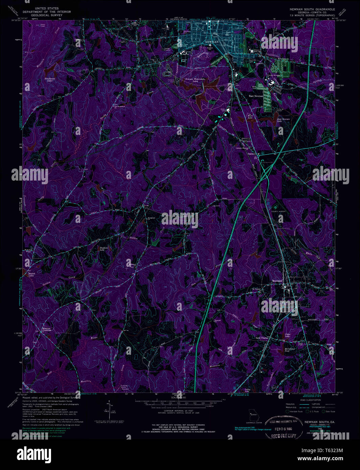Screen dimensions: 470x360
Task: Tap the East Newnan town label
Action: pyautogui.click(x=256, y=96)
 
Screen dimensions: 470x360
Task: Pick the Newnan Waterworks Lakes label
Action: pyautogui.click(x=195, y=80)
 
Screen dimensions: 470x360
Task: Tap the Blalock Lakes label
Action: pyautogui.click(x=31, y=275)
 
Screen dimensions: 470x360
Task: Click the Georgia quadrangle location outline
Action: pyautogui.click(x=253, y=413)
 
